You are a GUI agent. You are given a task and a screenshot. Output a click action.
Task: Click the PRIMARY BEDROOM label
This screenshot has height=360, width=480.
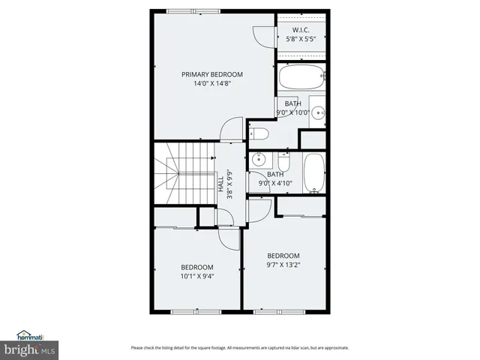click(211, 74)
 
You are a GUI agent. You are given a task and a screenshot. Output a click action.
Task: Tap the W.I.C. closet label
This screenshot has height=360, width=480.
click(301, 30)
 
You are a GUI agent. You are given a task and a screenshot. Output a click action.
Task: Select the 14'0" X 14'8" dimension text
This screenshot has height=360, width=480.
click(211, 85)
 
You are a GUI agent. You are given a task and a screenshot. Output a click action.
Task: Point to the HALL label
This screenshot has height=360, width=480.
click(222, 185)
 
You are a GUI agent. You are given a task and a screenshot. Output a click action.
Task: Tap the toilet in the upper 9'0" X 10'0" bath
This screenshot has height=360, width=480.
click(258, 133)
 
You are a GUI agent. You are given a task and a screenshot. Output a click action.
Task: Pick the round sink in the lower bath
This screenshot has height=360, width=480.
click(259, 159)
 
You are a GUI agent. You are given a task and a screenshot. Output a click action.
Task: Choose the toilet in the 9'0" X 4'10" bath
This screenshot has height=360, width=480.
click(283, 162)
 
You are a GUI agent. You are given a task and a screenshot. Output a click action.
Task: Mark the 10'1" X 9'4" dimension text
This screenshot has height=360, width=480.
click(196, 277)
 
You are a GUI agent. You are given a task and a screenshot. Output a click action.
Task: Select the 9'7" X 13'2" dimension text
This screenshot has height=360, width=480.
click(283, 265)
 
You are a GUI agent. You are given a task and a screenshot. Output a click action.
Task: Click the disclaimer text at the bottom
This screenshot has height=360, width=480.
click(239, 347)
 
